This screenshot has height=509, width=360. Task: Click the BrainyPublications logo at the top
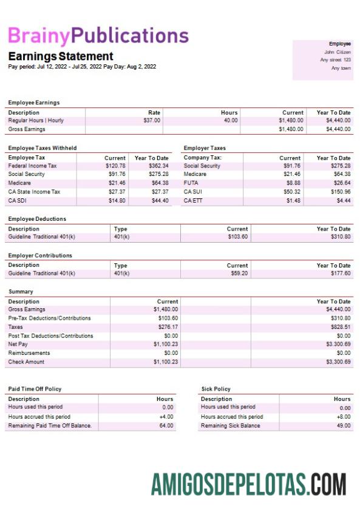coord(98,36)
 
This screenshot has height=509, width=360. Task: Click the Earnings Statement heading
coord(61,56)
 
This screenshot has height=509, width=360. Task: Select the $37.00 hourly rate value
coord(152,121)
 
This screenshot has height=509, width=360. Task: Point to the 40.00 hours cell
coord(229,121)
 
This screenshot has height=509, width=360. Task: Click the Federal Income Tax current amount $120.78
coord(115,166)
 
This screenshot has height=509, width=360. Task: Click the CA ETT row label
coord(194,201)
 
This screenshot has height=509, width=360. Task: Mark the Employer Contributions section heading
coord(40,255)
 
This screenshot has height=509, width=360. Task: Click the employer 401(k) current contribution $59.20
coord(238,274)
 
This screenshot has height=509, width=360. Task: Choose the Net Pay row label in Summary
coord(18,345)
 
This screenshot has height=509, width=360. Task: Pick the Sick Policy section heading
coord(216,389)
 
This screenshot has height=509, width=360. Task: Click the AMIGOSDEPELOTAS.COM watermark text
coord(249,485)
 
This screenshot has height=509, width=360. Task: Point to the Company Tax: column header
coord(203,158)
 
